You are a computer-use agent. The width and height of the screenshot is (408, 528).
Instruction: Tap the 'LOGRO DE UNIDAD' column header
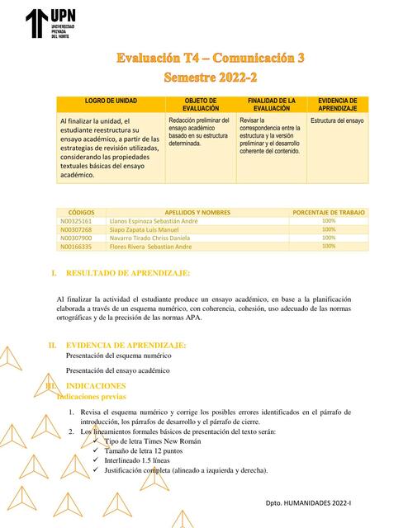pyautogui.click(x=111, y=100)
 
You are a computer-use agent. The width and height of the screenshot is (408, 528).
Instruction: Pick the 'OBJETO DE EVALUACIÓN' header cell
pyautogui.click(x=201, y=104)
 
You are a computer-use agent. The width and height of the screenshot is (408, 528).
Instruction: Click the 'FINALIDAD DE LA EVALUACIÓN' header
pyautogui.click(x=272, y=104)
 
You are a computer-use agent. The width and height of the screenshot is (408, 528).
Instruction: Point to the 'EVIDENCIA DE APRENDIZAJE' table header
pyautogui.click(x=337, y=104)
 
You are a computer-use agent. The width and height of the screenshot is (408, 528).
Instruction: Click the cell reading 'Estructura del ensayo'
pyautogui.click(x=337, y=120)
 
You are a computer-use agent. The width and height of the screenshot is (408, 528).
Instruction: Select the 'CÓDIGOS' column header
pyautogui.click(x=81, y=212)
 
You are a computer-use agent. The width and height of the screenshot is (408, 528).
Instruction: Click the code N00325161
pyautogui.click(x=77, y=221)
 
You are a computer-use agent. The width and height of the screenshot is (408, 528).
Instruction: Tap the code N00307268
pyautogui.click(x=77, y=229)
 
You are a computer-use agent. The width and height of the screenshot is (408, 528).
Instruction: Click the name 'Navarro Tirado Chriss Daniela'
pyautogui.click(x=155, y=238)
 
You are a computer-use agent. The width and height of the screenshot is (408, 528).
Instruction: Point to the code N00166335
pyautogui.click(x=77, y=246)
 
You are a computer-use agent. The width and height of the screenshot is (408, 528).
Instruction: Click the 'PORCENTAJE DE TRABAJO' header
pyautogui.click(x=329, y=212)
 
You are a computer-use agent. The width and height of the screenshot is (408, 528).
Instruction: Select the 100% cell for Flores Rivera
pyautogui.click(x=329, y=246)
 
